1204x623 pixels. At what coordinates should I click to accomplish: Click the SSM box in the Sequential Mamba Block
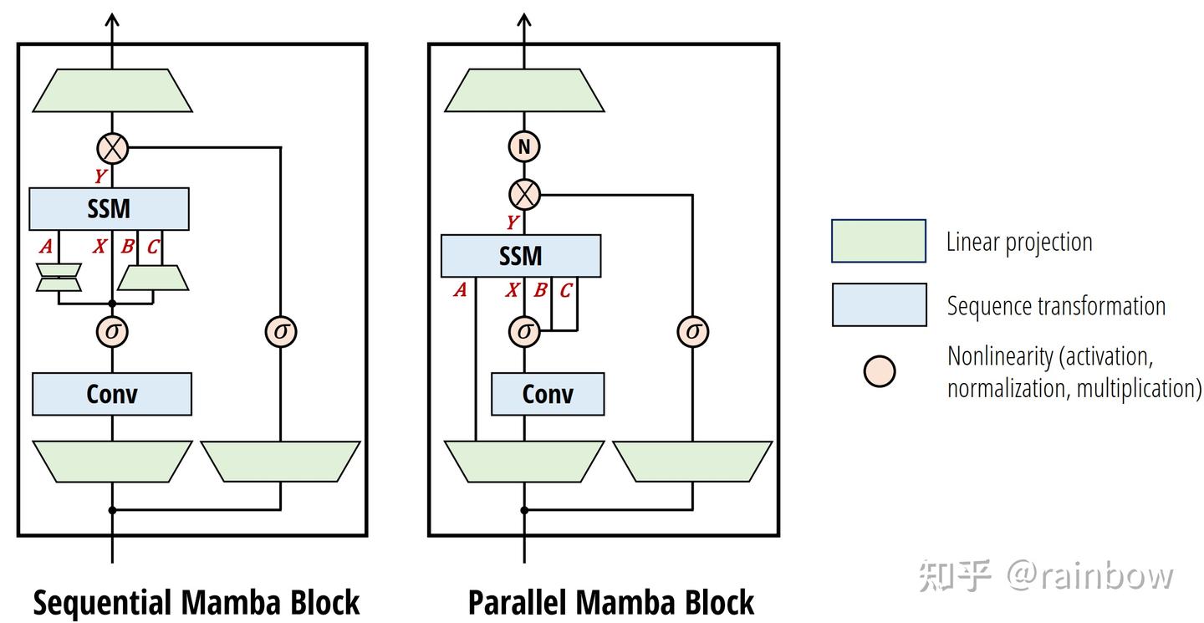[x=109, y=209]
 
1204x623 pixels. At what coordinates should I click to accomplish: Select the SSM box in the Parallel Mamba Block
[x=520, y=255]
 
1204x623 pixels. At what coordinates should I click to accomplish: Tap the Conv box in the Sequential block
[x=112, y=394]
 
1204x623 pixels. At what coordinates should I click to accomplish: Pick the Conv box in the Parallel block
[x=547, y=394]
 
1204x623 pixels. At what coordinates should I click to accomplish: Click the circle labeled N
[x=524, y=147]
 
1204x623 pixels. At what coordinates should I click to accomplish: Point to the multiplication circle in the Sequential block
[x=113, y=149]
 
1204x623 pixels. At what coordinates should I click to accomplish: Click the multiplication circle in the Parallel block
[x=524, y=195]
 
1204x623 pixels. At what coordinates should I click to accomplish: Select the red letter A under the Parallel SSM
[x=459, y=290]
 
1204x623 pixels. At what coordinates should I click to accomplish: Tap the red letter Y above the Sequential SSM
[x=99, y=176]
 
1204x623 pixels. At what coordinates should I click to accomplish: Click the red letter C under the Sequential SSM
[x=152, y=247]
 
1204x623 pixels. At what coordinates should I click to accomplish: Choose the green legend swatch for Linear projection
[x=878, y=241]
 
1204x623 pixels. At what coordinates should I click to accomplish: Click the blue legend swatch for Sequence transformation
[x=878, y=304]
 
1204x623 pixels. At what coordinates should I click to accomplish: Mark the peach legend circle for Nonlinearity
[x=880, y=371]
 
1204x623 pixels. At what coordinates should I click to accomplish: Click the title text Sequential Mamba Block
[x=196, y=602]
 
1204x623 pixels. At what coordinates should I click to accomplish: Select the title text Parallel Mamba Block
[x=610, y=602]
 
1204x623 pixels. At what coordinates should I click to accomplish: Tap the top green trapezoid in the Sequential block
[x=112, y=90]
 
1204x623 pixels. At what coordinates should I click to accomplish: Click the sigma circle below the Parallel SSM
[x=524, y=331]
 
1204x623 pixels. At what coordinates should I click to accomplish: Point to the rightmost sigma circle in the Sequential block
[x=281, y=331]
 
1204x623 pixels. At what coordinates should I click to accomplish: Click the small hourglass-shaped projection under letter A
[x=59, y=278]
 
